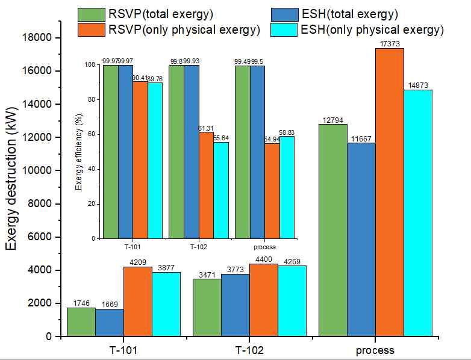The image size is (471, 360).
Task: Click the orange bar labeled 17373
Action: (x=389, y=193)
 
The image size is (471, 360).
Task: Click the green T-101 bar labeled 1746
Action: (x=81, y=322)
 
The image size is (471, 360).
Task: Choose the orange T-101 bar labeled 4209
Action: (x=137, y=302)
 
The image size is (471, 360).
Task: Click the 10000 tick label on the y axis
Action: (x=40, y=171)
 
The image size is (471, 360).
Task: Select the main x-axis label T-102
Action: (x=249, y=350)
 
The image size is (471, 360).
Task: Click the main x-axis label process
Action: (x=375, y=350)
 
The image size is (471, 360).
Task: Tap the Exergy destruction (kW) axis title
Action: (x=13, y=187)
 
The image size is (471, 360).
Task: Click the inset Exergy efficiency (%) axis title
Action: (x=79, y=152)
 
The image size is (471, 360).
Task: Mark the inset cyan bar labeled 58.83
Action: (x=287, y=187)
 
